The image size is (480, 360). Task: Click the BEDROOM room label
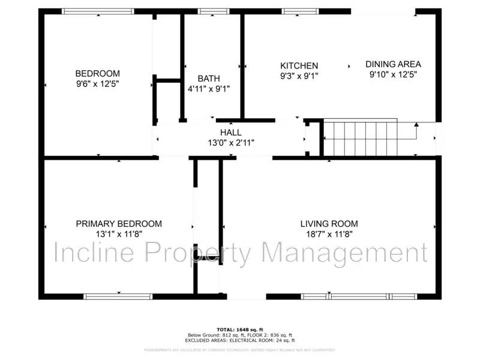click(x=97, y=74)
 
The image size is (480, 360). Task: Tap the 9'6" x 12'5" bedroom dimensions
click(x=97, y=85)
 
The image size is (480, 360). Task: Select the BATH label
click(x=209, y=79)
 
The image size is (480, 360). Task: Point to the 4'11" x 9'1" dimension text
click(x=209, y=89)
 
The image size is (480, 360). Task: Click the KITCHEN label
click(x=299, y=65)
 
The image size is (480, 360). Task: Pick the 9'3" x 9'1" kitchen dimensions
click(x=299, y=76)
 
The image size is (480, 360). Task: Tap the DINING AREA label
click(x=393, y=64)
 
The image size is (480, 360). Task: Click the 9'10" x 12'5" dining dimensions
click(x=393, y=74)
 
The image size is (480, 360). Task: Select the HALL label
click(x=231, y=133)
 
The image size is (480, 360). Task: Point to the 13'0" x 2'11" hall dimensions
click(x=231, y=143)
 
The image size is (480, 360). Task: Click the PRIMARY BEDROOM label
click(x=119, y=224)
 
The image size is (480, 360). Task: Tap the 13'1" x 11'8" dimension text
click(x=119, y=234)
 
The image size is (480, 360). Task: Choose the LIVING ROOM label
click(x=329, y=224)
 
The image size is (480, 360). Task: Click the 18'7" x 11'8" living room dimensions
click(x=329, y=234)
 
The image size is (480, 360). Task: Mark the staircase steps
click(x=360, y=138)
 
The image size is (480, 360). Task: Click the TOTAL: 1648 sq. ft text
click(x=240, y=329)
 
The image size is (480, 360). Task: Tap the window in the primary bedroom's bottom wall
click(x=118, y=296)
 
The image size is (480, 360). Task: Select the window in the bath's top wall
click(x=209, y=11)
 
